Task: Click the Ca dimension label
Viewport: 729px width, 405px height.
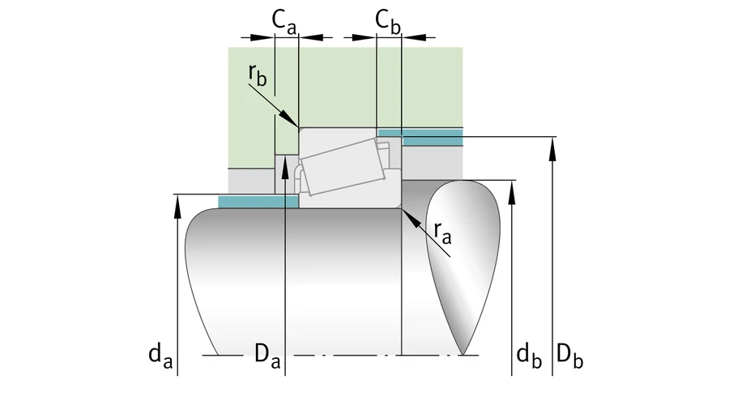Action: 283,23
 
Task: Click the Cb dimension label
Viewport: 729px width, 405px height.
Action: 388,23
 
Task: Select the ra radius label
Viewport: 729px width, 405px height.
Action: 443,232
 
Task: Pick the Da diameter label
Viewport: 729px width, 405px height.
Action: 267,354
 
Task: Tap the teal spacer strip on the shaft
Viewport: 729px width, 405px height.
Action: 258,201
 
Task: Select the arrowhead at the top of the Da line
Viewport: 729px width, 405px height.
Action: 286,163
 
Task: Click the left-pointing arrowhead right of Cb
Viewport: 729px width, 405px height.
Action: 410,36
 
